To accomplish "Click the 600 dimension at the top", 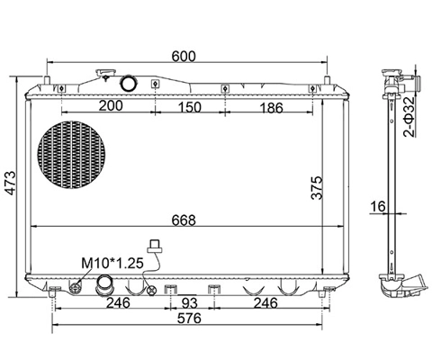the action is pos(184,57).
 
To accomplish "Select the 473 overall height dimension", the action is pos(11,184).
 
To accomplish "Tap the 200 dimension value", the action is pos(111,105).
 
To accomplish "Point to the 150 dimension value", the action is pos(189,107).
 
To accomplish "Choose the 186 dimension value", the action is pos(271,108).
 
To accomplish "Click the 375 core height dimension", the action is pos(317,188).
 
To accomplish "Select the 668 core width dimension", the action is pos(184,220).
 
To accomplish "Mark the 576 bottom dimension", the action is pos(189,319).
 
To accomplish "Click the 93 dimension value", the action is pos(190,303).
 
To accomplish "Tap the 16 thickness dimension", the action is pos(377,206).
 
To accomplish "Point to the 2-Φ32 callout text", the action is pos(409,117).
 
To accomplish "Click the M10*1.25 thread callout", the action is pos(112,263).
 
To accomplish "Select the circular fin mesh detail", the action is pos(71,154).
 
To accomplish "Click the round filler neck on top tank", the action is pos(129,83).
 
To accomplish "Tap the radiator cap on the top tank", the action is pos(105,73).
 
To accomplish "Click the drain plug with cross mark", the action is pos(152,290).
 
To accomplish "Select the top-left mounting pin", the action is pos(47,80).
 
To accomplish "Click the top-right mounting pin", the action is pos(328,80).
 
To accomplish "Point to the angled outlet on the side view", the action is pos(416,283).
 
